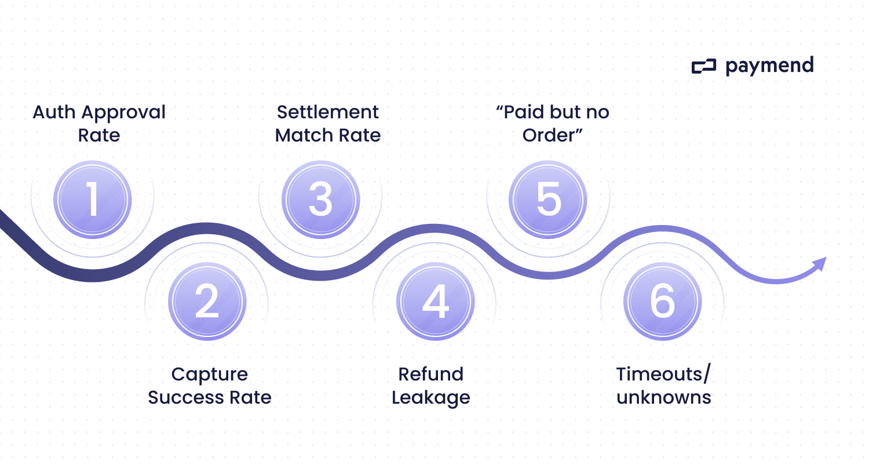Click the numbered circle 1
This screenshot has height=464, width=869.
(x=93, y=199)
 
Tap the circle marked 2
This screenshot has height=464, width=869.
(x=207, y=302)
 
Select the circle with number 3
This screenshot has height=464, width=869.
(x=320, y=199)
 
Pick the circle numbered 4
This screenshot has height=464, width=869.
(x=435, y=302)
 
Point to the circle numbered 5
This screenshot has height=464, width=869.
(x=548, y=199)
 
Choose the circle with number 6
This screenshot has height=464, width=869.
(x=662, y=302)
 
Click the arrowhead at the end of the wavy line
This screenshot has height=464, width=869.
(x=820, y=264)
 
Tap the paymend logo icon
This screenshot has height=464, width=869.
(x=704, y=67)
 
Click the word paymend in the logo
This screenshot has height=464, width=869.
(x=769, y=66)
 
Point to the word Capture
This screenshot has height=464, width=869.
(x=209, y=374)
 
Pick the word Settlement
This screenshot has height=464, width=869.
(x=327, y=112)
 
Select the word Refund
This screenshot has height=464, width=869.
(x=430, y=374)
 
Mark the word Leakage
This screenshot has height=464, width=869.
(x=430, y=398)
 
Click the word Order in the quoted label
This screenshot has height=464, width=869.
(x=549, y=135)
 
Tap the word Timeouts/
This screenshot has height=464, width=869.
(x=663, y=374)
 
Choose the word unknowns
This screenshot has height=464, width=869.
(x=664, y=398)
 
